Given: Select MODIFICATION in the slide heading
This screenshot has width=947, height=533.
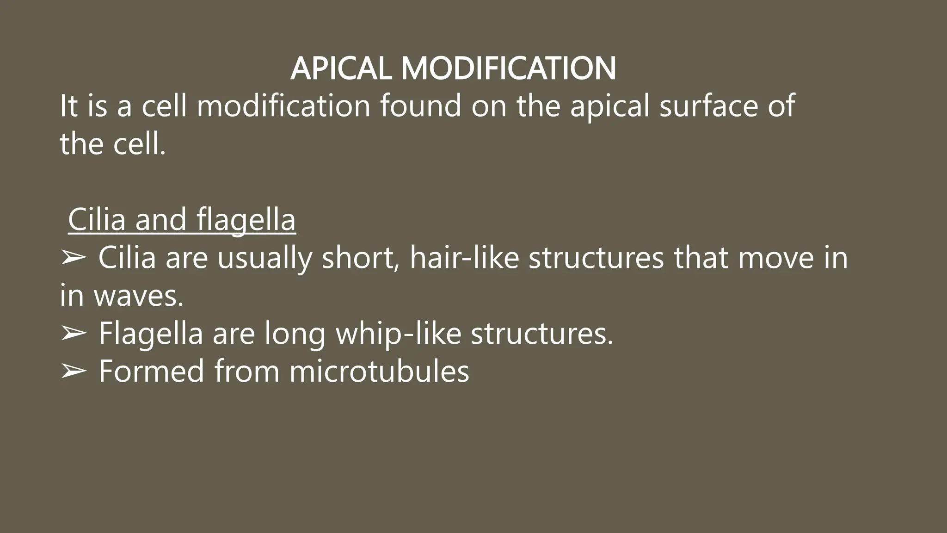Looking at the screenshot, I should [x=508, y=68].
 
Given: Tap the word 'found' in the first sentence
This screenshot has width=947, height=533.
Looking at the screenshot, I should [x=420, y=106].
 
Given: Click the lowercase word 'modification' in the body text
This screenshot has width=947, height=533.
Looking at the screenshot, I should [x=283, y=106].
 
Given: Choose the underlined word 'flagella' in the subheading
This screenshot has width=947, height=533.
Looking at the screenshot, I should [x=246, y=219].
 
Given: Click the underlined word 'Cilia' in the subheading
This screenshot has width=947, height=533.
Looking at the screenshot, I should [x=97, y=219].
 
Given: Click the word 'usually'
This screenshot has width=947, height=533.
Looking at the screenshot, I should [x=264, y=258].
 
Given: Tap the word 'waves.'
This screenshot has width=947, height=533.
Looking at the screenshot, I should [x=139, y=296].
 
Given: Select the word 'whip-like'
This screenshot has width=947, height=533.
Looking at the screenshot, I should [x=398, y=333].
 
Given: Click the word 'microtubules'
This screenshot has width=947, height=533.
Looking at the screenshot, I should [x=379, y=371].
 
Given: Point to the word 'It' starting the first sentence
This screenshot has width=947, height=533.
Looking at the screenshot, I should [x=68, y=106].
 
